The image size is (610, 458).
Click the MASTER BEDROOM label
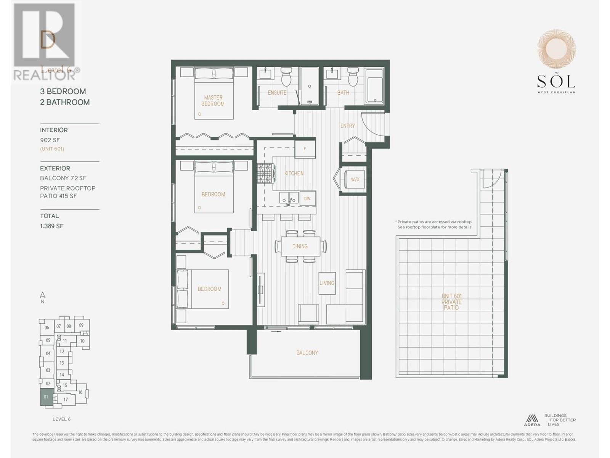click(213, 101)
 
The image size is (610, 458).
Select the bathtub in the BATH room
click(374, 86)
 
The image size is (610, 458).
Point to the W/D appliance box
click(355, 179)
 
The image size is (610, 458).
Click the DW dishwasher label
click(307, 198)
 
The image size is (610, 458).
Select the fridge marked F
click(305, 149)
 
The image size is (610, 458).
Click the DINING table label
click(300, 246)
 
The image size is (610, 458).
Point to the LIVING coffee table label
click(327, 283)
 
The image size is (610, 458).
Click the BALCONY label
click(307, 353)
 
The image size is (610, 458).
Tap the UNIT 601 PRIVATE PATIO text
click(451, 302)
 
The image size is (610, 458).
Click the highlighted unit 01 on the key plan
click(46, 397)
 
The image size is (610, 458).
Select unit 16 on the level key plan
click(80, 392)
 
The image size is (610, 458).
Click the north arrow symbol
click(43, 295)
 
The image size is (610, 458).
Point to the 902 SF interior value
click(50, 140)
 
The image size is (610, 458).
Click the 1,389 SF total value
click(52, 226)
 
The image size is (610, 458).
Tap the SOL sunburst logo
click(556, 49)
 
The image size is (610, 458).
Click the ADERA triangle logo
click(531, 419)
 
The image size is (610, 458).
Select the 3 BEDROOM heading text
click(63, 91)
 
